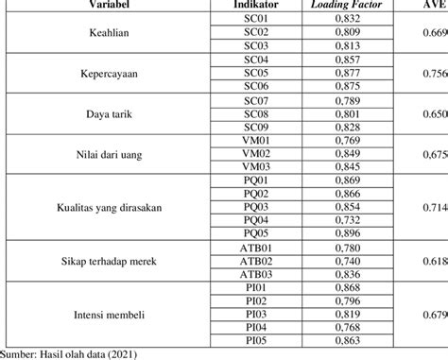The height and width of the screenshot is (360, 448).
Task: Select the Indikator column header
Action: (x=256, y=5)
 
